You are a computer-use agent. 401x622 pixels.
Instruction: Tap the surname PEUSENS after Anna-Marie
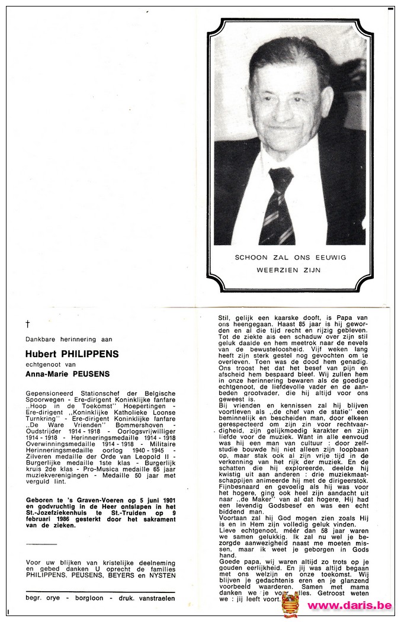click(90, 374)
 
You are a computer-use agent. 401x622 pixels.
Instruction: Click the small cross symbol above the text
click(28, 323)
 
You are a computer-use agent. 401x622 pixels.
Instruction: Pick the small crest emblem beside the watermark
click(290, 604)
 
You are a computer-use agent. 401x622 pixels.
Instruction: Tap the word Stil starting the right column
click(223, 318)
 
